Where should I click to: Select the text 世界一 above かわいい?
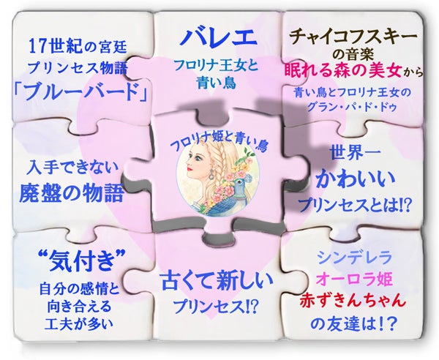[x=353, y=155]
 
